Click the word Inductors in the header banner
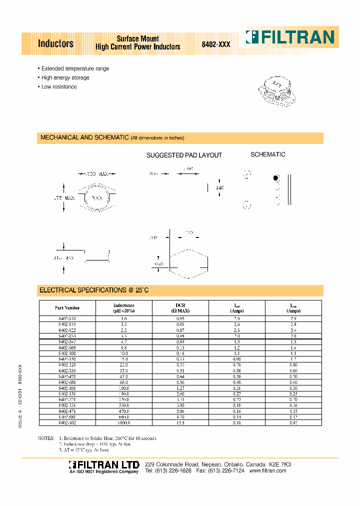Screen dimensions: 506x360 pyautogui.click(x=55, y=43)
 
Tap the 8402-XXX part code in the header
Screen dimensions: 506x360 pyautogui.click(x=216, y=44)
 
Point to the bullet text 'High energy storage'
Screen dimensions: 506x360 pyautogui.click(x=65, y=77)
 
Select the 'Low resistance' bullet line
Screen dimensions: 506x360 pyautogui.click(x=59, y=86)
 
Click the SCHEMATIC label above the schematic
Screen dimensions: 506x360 pyautogui.click(x=267, y=154)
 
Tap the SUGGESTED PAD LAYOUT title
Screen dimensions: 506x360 pyautogui.click(x=184, y=155)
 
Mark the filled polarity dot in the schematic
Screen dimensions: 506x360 pyautogui.click(x=275, y=178)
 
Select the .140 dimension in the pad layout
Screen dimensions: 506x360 pyautogui.click(x=219, y=188)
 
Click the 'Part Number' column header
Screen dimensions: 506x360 pyautogui.click(x=67, y=308)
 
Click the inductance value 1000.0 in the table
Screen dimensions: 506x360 pyautogui.click(x=123, y=423)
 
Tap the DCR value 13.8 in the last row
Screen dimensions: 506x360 pyautogui.click(x=180, y=423)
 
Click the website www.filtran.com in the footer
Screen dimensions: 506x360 pyautogui.click(x=267, y=471)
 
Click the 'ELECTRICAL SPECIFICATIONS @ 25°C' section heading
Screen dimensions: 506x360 pyautogui.click(x=94, y=290)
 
